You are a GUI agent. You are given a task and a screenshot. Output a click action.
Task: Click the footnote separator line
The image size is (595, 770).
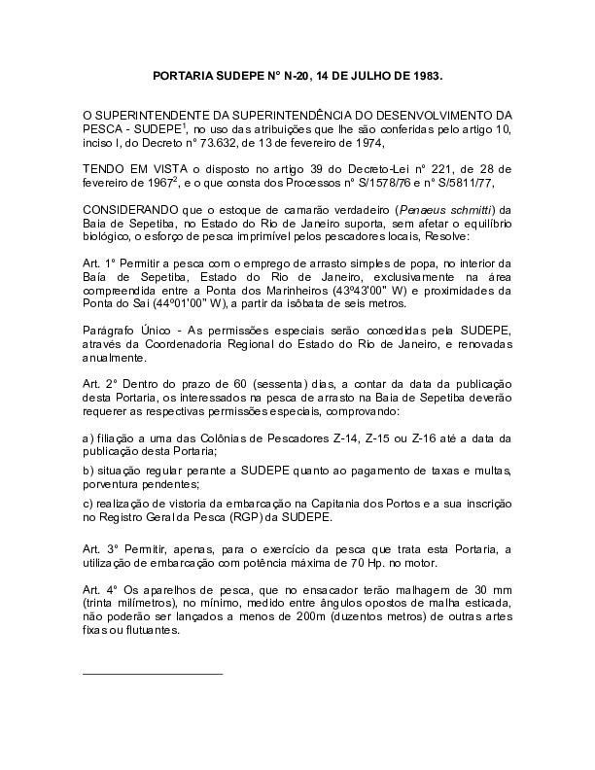tap(153, 673)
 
